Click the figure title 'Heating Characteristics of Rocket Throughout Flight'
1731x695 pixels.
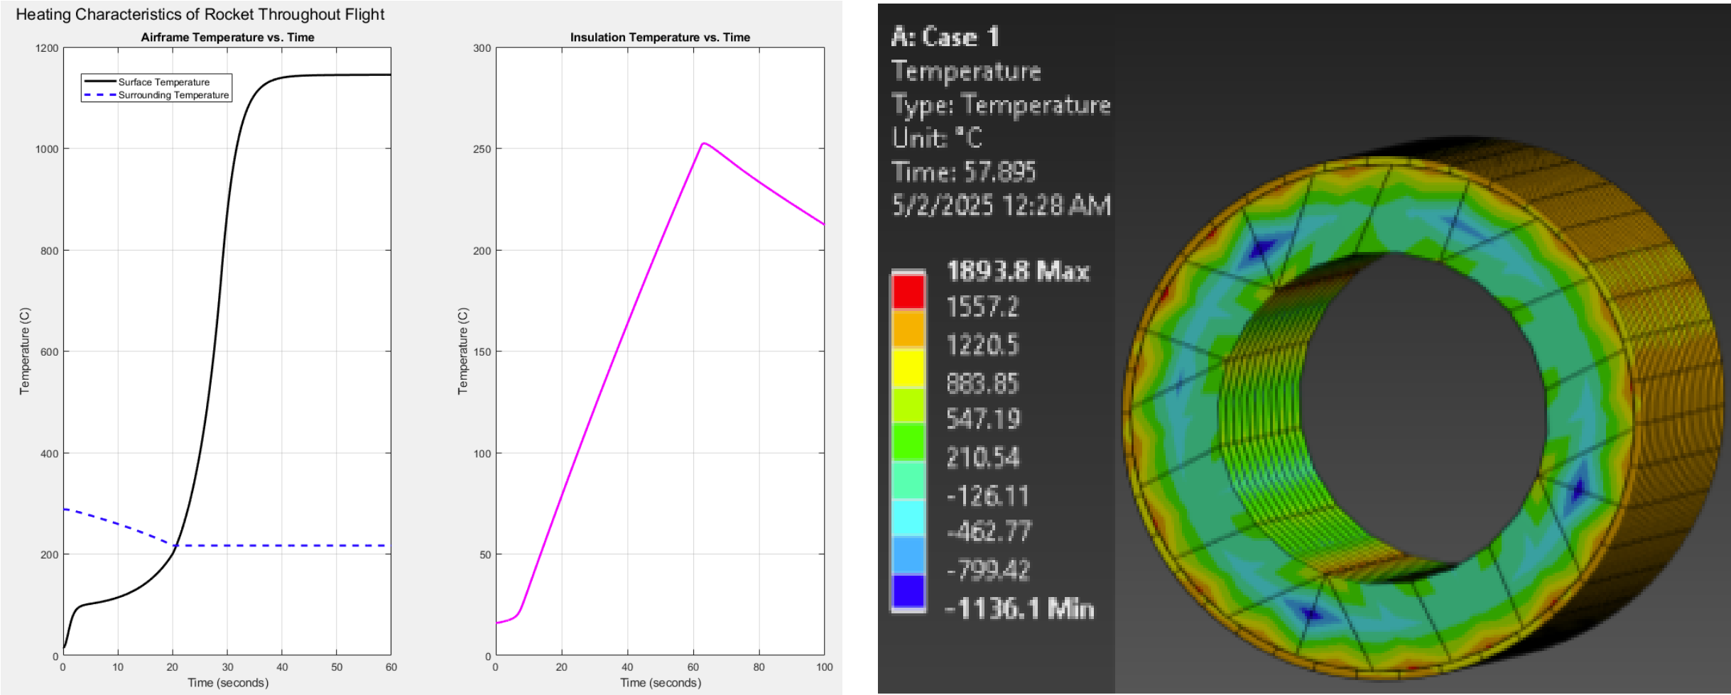coord(200,14)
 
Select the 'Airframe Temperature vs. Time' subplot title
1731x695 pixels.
coord(227,37)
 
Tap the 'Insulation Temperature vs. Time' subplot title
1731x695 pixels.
coord(660,37)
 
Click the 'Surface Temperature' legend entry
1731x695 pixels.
coord(163,82)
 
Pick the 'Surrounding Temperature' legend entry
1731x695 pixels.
coord(173,95)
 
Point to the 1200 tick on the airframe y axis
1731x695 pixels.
coord(47,48)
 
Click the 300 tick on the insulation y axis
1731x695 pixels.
coord(482,48)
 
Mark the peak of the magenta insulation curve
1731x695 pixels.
coord(703,144)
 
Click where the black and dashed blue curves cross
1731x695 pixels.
coord(173,545)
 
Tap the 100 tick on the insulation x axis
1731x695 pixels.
coord(824,667)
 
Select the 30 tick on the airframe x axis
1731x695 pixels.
coord(227,667)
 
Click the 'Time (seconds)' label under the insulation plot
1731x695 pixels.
coord(660,682)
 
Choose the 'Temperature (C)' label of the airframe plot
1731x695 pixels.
coord(25,351)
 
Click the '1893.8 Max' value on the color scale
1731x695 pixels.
coord(1017,271)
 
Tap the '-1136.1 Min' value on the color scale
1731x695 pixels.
coord(1019,609)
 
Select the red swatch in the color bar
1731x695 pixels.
coord(908,291)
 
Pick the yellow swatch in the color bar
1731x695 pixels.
coord(908,367)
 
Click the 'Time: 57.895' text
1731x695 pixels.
coord(963,172)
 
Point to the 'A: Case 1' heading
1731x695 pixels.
coord(945,37)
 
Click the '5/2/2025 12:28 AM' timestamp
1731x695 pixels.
coord(1001,206)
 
